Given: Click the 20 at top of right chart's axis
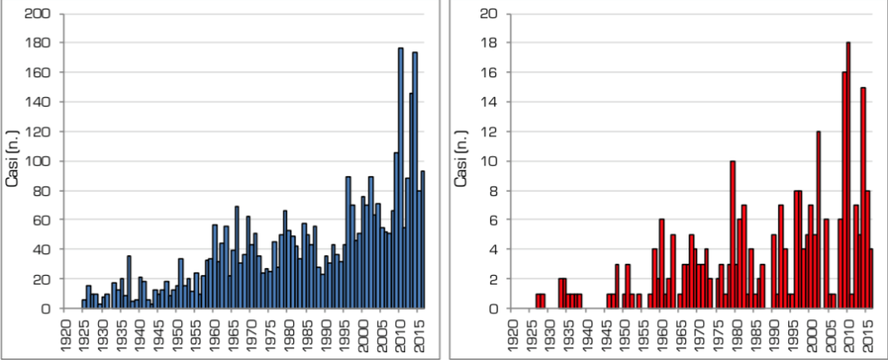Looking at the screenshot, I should (x=488, y=14).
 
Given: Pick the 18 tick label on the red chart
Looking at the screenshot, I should (x=489, y=43).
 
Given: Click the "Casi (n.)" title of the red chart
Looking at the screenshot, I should (x=463, y=160).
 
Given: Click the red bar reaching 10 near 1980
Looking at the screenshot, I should (x=733, y=234).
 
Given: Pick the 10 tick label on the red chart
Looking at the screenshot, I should (x=489, y=161).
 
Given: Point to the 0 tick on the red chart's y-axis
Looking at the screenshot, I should (x=493, y=309).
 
